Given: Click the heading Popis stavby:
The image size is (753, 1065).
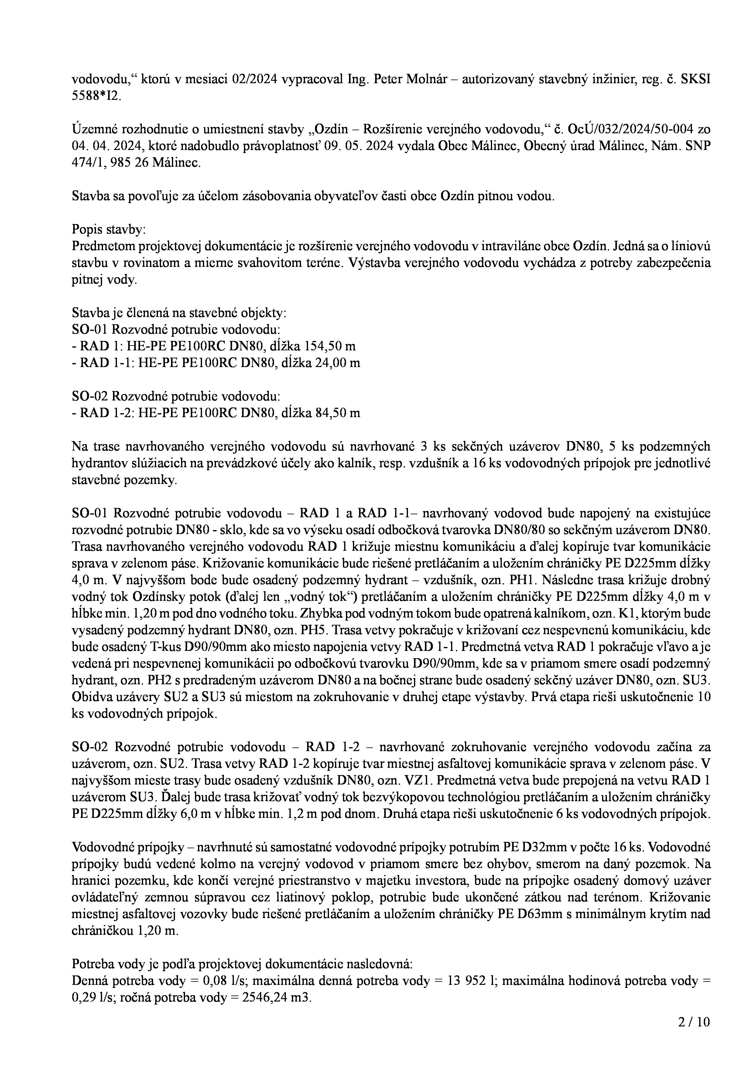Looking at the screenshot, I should (x=108, y=230).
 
